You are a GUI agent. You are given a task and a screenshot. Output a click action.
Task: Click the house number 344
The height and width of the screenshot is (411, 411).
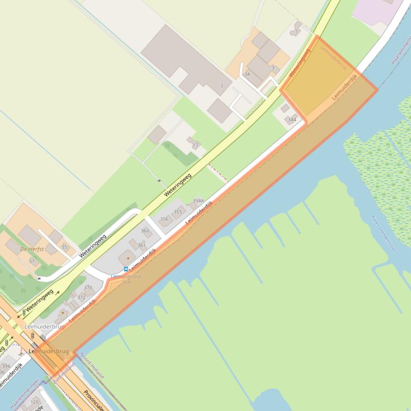click(x=292, y=120)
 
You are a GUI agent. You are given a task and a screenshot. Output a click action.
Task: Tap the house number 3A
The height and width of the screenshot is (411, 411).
click(x=247, y=74)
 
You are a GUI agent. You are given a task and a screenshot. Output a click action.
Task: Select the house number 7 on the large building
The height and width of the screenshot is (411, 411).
click(x=222, y=86)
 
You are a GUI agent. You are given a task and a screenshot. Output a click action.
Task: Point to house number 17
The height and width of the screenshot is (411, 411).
click(x=195, y=145)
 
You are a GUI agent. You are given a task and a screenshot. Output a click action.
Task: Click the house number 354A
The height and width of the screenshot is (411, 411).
click(x=198, y=201)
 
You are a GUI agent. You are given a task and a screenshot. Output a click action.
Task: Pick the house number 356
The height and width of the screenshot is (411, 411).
click(x=164, y=219)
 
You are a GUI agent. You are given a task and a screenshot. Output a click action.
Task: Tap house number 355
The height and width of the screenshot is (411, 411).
click(x=178, y=212)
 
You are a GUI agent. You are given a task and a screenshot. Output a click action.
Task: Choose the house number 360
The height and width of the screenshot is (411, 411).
click(x=145, y=231)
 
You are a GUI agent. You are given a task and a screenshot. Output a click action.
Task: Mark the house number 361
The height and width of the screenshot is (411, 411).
click(x=142, y=245)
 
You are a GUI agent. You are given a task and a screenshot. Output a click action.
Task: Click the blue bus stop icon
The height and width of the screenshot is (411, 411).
click(x=126, y=269)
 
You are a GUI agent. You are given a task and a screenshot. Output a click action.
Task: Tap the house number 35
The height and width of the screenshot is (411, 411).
click(x=65, y=247)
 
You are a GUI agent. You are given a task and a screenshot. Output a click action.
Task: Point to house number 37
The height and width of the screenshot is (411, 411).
click(x=32, y=261)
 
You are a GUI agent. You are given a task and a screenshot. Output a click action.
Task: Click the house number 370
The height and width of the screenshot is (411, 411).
click(x=88, y=287)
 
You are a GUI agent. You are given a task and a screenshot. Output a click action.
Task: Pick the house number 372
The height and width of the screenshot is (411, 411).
click(x=81, y=297)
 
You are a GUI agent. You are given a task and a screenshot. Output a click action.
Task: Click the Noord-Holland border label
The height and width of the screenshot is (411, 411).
click(x=92, y=365)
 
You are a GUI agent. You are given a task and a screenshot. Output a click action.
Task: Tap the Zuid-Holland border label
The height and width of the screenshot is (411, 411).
click(x=64, y=370)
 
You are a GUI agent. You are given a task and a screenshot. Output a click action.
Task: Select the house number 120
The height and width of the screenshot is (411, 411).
click(x=35, y=402)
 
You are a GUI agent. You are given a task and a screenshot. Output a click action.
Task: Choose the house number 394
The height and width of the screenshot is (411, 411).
click(x=6, y=366)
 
